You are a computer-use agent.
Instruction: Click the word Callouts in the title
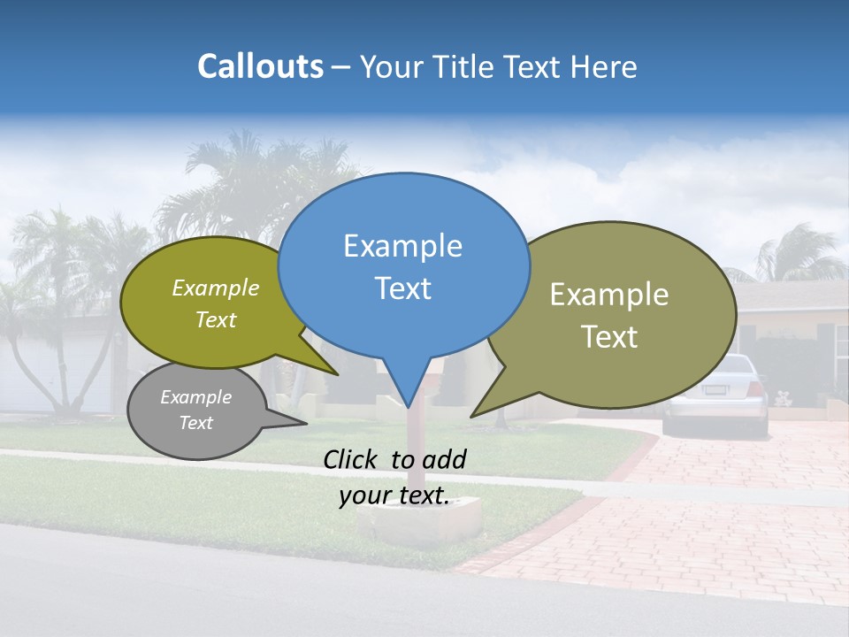(261, 66)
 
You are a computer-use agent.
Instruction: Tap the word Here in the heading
(605, 67)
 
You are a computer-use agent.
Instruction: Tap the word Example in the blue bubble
(403, 246)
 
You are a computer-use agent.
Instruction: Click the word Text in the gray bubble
(196, 423)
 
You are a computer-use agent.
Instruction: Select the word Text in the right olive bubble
(610, 337)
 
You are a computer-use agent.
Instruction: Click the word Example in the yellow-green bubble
(216, 288)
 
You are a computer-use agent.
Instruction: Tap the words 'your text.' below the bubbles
(394, 495)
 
